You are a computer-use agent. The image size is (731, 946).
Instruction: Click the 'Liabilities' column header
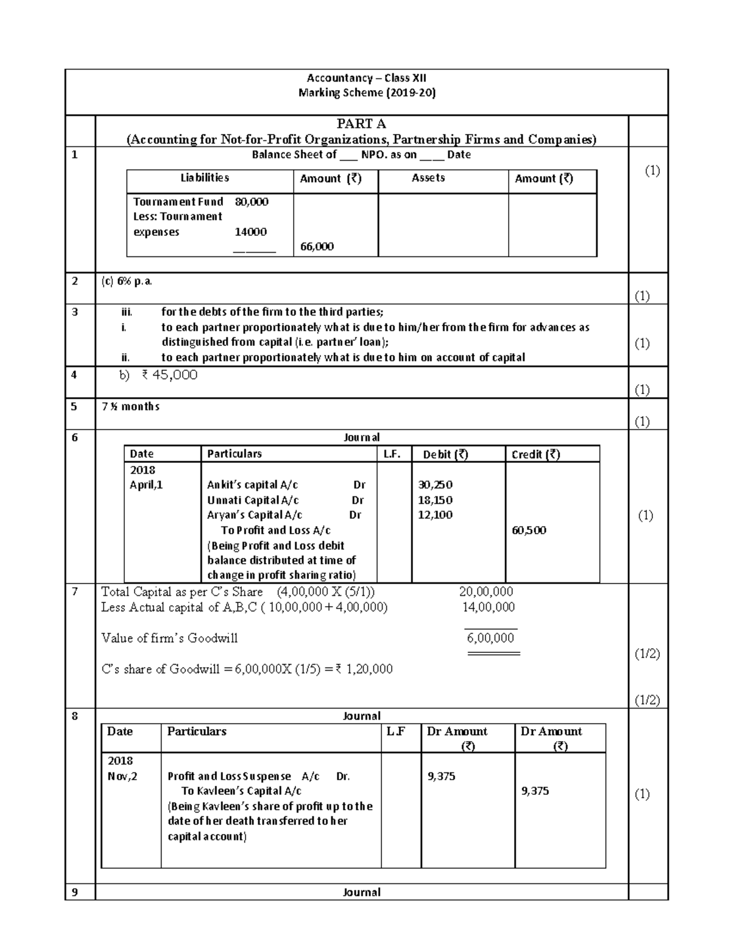[205, 178]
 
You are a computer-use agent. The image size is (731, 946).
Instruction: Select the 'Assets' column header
[428, 178]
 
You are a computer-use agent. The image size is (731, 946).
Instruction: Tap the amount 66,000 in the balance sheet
[317, 247]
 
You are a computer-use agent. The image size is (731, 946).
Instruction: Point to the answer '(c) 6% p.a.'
[127, 281]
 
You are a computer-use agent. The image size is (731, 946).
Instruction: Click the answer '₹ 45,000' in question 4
[169, 375]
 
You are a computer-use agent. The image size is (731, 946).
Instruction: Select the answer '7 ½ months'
[130, 406]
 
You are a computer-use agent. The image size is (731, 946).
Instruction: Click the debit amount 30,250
[435, 485]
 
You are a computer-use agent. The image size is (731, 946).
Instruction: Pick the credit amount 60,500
[529, 530]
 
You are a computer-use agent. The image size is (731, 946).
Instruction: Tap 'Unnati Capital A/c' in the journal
[253, 500]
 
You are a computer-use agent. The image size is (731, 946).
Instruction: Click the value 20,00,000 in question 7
[486, 591]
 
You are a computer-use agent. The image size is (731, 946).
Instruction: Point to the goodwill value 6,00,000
[490, 638]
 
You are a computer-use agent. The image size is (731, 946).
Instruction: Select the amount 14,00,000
[488, 607]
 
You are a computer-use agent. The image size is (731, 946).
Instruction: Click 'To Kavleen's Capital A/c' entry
[241, 791]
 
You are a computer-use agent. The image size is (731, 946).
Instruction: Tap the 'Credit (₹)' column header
[535, 454]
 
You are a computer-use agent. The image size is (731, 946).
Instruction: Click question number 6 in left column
[75, 437]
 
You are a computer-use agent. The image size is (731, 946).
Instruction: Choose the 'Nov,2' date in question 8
[122, 776]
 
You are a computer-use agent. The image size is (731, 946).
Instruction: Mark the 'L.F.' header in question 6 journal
[392, 454]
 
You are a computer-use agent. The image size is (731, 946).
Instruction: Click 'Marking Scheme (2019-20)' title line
[367, 93]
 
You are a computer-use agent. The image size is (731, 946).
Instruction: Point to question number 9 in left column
[75, 892]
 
